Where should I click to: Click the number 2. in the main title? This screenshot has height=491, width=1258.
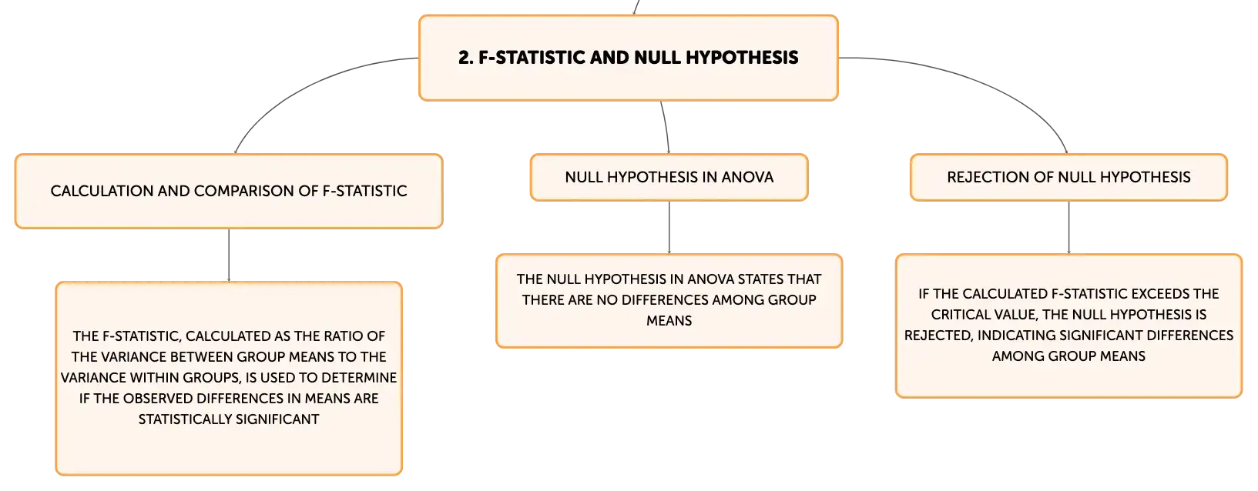point(465,57)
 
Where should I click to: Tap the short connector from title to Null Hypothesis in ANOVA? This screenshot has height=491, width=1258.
point(666,127)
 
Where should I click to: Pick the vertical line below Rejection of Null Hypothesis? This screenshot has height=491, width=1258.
point(1068,227)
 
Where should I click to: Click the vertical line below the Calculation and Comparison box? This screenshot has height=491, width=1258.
point(229,256)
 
